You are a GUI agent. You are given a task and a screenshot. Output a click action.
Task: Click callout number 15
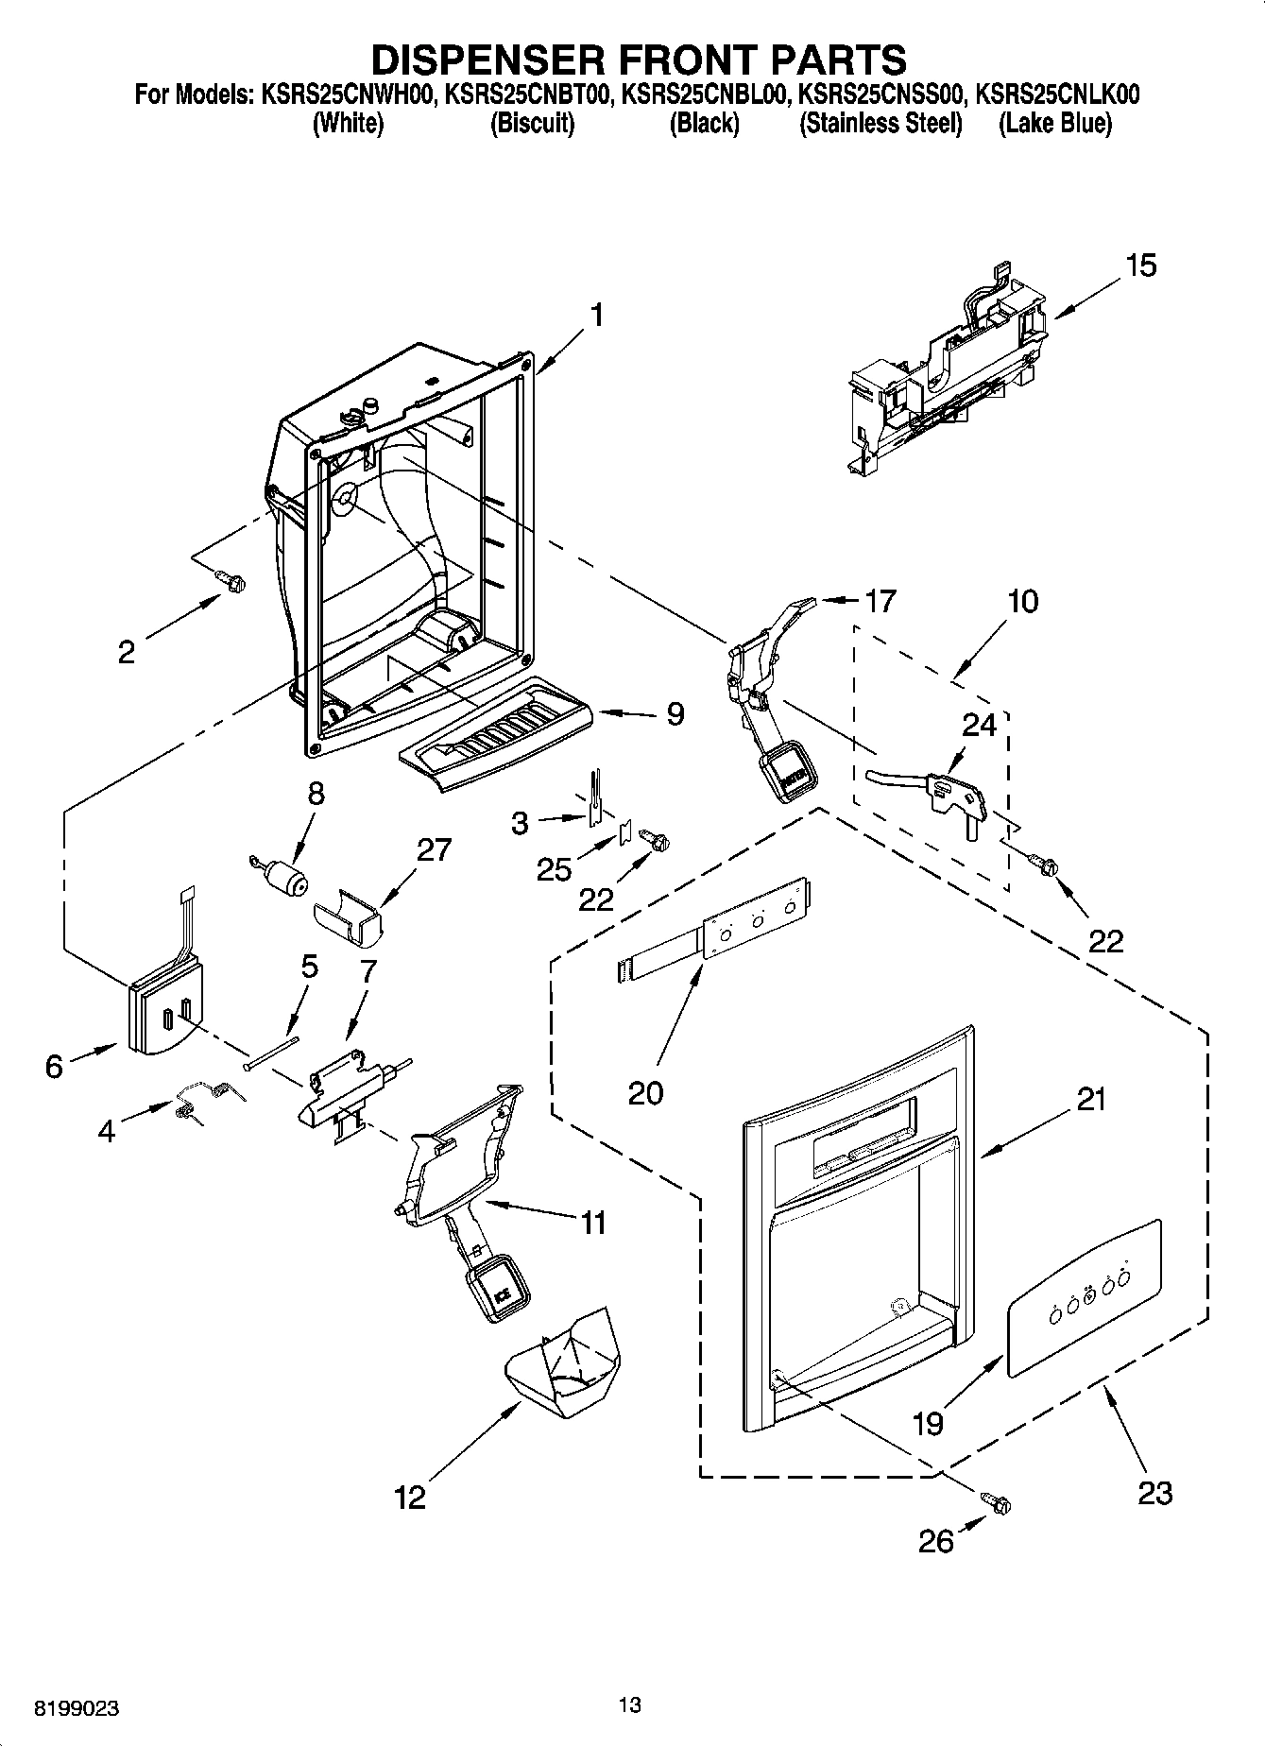(1141, 266)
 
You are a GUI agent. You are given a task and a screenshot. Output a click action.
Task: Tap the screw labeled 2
(229, 581)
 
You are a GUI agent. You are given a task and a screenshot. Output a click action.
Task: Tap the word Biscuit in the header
(532, 124)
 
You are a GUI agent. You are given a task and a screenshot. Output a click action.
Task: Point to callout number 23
(1154, 1493)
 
